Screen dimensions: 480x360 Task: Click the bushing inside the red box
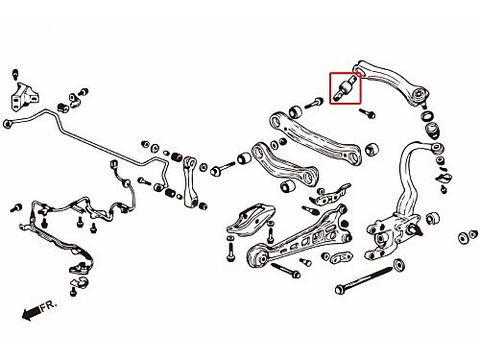point(345,87)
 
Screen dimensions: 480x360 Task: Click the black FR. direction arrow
point(32,312)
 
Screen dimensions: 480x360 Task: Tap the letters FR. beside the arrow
point(49,304)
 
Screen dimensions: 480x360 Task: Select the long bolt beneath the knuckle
point(364,278)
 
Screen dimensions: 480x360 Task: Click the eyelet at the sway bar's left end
point(8,124)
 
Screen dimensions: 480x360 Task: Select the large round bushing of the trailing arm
point(257,254)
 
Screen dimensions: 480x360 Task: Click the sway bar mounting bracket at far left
point(24,96)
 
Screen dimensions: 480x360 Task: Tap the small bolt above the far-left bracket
point(15,74)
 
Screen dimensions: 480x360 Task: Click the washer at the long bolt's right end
point(398,265)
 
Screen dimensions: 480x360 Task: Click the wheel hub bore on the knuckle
point(380,238)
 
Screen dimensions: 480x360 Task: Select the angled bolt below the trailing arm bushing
point(285,271)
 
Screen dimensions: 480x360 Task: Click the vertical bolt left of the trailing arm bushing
point(230,249)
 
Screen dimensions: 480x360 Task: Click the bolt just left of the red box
point(314,103)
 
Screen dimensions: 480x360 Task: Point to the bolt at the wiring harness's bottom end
point(73,291)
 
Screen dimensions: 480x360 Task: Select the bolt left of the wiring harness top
point(16,208)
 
